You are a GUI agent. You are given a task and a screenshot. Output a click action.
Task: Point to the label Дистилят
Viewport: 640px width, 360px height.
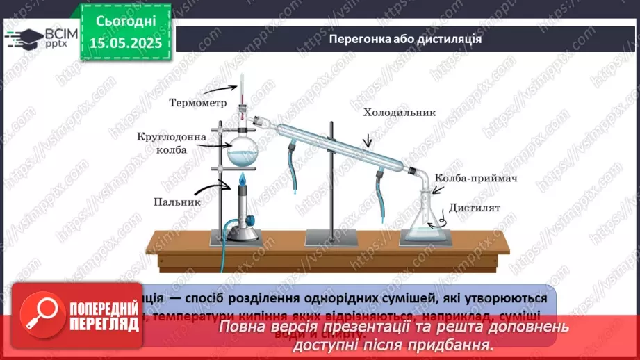click(475, 208)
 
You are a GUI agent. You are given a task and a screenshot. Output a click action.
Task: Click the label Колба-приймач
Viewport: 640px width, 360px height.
click(476, 179)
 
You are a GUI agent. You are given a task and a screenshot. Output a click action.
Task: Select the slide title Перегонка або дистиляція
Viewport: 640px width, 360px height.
click(406, 39)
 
